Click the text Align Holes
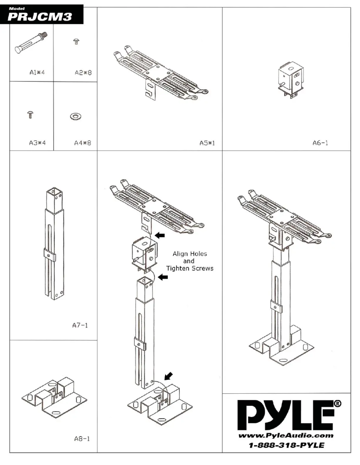190,254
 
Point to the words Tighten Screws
190,268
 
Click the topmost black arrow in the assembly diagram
159,235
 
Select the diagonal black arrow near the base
158,374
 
